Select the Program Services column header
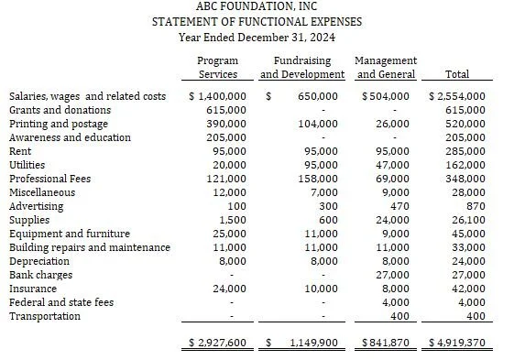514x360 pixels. [217, 67]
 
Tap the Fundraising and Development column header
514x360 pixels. [302, 67]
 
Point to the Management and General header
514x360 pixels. [386, 67]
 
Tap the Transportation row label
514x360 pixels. [43, 316]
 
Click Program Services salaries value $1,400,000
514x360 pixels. [217, 96]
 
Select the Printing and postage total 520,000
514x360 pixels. [464, 124]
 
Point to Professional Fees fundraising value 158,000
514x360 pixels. [317, 179]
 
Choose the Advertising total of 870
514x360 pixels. [476, 206]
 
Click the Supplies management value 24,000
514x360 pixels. [395, 220]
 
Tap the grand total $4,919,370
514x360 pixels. [457, 344]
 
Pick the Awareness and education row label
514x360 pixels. [70, 137]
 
